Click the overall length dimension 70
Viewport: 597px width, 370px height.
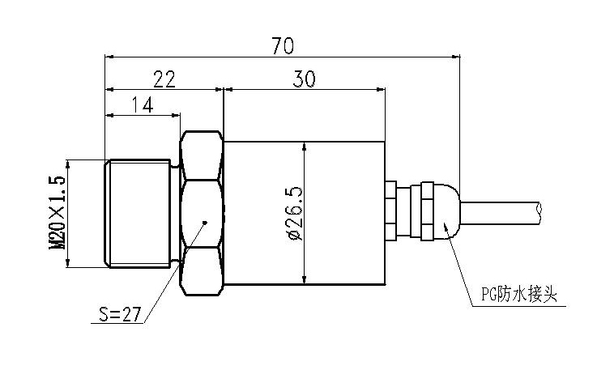[x=282, y=45]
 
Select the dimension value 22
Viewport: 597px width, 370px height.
[x=164, y=78]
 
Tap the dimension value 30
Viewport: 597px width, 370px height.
[x=305, y=78]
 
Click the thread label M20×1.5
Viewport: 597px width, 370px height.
[x=58, y=213]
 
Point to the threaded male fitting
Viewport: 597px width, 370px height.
[x=139, y=214]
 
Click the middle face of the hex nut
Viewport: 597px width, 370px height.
[x=202, y=214]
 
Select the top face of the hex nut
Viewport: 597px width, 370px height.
[x=202, y=155]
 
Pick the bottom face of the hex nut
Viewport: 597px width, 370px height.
[x=202, y=273]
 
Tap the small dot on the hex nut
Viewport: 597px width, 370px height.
[x=206, y=222]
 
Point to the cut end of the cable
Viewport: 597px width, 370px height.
[x=539, y=212]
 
